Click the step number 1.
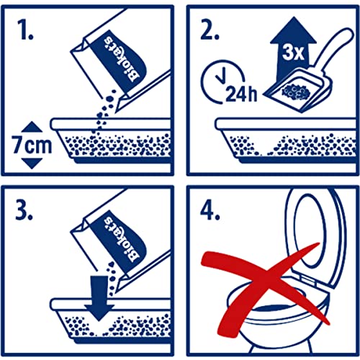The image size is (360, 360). coord(25,30)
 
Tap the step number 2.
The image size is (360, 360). coord(210,30)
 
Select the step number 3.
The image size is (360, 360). coord(24,210)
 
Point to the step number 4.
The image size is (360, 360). coord(210,210)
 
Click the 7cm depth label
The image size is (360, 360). coord(32,145)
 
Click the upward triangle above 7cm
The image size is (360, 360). coord(32,127)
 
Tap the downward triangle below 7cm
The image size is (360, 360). coord(32,163)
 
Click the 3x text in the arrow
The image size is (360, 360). coord(293,53)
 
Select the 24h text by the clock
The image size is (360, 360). coord(241,94)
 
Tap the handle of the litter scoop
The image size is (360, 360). coord(335,49)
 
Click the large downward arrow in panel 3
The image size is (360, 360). coord(99,297)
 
